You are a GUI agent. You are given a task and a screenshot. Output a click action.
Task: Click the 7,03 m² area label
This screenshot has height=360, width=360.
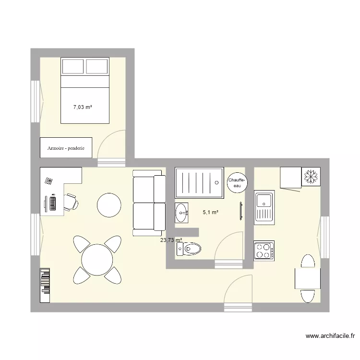tap(82, 108)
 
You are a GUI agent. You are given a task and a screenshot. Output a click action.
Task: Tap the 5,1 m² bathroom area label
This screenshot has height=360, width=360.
tap(211, 212)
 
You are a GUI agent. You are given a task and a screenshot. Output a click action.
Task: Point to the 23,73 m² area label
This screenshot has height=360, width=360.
tap(171, 240)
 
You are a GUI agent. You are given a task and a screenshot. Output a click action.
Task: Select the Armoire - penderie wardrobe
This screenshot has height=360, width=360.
tap(66, 148)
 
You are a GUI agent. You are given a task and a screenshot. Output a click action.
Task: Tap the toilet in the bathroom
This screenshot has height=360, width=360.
tap(190, 248)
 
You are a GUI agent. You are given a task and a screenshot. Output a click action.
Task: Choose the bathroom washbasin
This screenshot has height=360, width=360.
tap(182, 212)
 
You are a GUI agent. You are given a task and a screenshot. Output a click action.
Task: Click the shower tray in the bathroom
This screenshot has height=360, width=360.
tap(199, 182)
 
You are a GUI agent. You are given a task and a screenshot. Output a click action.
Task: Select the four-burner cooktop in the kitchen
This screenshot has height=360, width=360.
tap(264, 251)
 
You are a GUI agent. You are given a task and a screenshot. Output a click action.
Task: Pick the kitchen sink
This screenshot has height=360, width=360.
tap(264, 208)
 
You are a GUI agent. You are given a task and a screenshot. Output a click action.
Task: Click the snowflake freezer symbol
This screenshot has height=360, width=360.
tap(311, 177)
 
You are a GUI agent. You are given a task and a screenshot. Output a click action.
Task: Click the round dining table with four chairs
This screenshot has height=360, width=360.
tap(97, 260)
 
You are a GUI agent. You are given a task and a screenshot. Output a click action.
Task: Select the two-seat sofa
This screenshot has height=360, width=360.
tap(148, 205)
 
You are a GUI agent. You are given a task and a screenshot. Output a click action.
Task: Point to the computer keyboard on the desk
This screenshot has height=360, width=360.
tap(51, 203)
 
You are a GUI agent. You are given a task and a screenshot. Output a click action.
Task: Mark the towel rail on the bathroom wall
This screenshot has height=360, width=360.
tap(240, 211)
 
